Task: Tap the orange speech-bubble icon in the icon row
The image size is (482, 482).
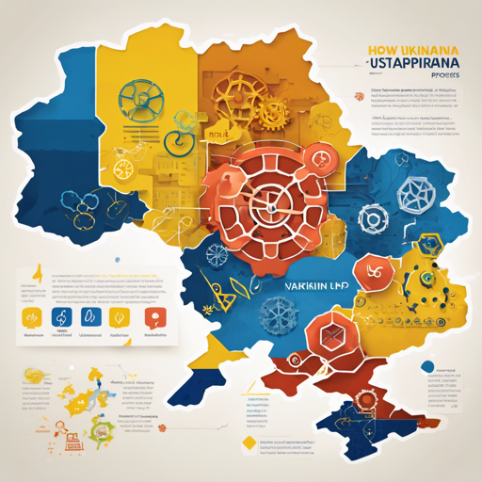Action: point(152,317)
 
